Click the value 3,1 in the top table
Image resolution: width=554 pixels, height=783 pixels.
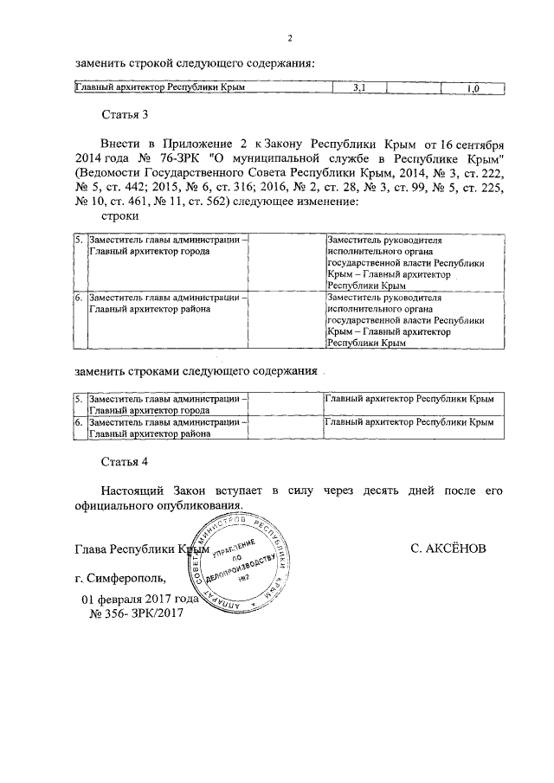point(359,88)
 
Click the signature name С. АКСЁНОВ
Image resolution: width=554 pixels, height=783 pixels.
point(456,549)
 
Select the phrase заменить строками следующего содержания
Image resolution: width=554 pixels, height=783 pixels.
point(195,372)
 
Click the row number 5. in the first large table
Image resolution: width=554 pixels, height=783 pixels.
point(78,240)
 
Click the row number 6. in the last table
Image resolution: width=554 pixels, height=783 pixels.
point(78,423)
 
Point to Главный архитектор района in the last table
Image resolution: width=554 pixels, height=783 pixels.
point(148,435)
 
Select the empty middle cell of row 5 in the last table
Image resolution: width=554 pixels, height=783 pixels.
point(286,405)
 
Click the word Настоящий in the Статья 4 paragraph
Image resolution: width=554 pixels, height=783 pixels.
point(135,490)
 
